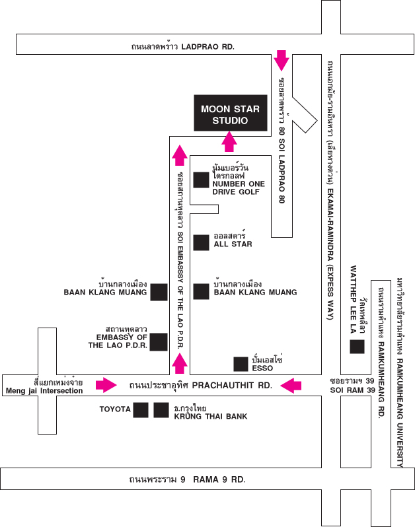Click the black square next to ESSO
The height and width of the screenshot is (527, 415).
pos(241,363)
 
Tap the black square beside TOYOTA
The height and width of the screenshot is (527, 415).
pos(141,410)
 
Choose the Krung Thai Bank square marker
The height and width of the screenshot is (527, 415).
pos(161,410)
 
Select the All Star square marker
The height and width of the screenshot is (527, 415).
pos(201,242)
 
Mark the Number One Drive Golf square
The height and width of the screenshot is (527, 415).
pos(201,180)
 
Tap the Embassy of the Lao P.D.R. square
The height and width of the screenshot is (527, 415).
pos(158,341)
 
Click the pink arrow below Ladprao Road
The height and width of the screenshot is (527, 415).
pos(282,60)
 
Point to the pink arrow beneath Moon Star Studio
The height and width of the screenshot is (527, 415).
pos(229,141)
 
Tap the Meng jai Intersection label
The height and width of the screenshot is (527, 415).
pos(44,386)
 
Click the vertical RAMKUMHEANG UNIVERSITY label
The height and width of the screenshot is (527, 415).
pos(400,370)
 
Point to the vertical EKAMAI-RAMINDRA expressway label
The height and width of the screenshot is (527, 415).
pos(328,192)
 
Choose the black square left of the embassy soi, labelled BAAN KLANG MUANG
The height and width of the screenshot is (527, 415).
pos(158,292)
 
